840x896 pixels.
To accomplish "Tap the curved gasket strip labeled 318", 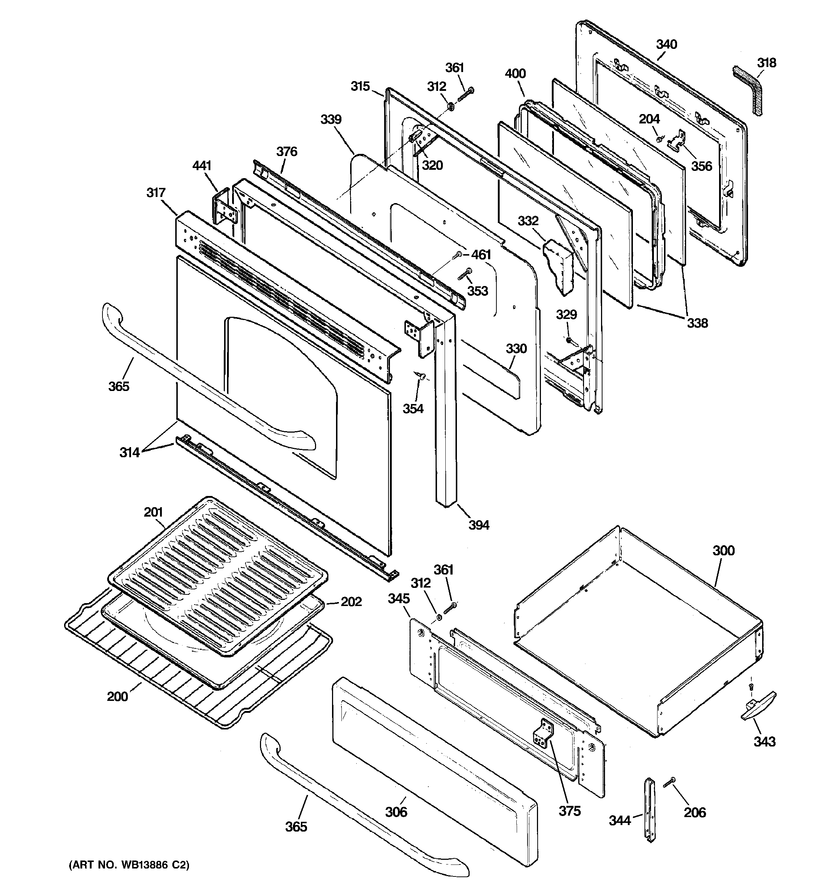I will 750,90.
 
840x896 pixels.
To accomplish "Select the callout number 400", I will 515,73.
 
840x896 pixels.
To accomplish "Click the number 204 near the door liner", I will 649,119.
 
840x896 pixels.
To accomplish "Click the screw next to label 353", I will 465,274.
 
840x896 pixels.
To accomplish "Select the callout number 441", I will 202,165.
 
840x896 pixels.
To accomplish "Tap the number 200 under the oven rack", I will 117,697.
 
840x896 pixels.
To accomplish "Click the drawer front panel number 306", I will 396,812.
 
